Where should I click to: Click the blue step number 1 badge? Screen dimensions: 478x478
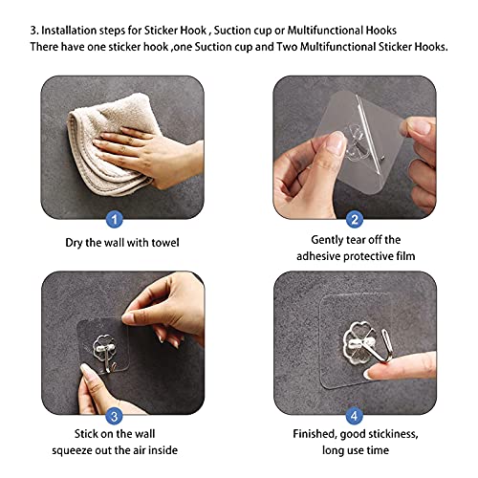[x=115, y=219]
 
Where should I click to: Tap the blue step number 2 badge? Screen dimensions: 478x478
[x=355, y=219]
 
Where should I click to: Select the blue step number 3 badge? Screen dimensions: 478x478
[x=114, y=416]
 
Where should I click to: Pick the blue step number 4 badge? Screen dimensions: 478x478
[x=355, y=416]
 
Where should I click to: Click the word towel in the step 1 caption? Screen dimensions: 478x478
[x=165, y=243]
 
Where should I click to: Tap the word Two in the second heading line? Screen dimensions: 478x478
[x=287, y=47]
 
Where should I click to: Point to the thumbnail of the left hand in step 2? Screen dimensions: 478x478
[x=337, y=142]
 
